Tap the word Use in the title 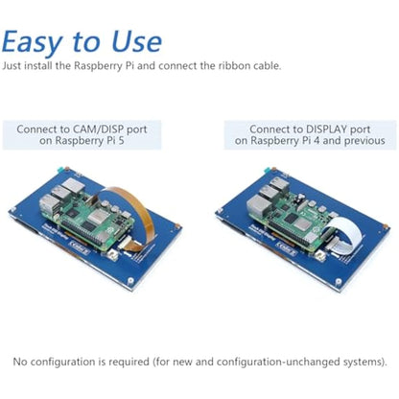pyautogui.click(x=137, y=41)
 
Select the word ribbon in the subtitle pyautogui.click(x=235, y=66)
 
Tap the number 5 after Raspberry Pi pyautogui.click(x=121, y=140)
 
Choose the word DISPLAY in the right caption pyautogui.click(x=326, y=129)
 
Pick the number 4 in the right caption pyautogui.click(x=316, y=140)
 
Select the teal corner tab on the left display pyautogui.click(x=59, y=170)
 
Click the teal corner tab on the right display pyautogui.click(x=268, y=170)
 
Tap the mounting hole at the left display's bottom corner pyautogui.click(x=130, y=281)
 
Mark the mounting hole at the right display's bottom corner pyautogui.click(x=339, y=282)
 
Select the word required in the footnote pyautogui.click(x=129, y=363)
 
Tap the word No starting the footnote pyautogui.click(x=19, y=362)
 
